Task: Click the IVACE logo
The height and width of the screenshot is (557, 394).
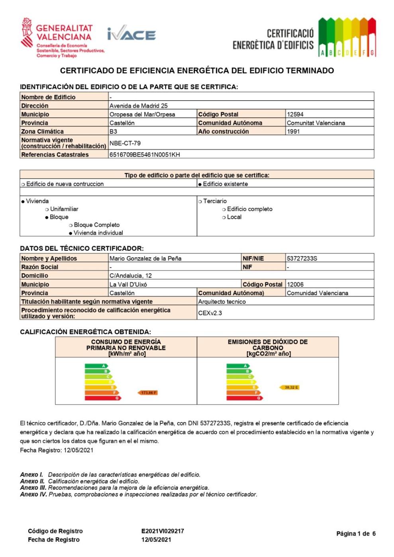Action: [x=131, y=35]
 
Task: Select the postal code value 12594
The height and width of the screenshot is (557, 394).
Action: [x=295, y=114]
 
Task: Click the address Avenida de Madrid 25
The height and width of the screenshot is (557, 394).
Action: [x=139, y=106]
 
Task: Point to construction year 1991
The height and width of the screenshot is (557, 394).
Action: [x=293, y=131]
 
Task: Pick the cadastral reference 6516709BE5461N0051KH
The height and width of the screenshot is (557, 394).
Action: [x=145, y=154]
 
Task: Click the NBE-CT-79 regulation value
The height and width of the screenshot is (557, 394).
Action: [x=125, y=143]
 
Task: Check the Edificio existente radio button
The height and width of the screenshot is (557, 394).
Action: [x=200, y=184]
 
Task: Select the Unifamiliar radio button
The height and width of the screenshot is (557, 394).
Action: [x=47, y=209]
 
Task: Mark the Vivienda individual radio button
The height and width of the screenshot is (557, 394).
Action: [x=71, y=233]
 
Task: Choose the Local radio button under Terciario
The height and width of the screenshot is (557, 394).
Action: [x=224, y=217]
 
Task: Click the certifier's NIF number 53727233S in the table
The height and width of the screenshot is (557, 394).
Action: [x=302, y=258]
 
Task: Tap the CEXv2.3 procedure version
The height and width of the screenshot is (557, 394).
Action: [x=210, y=313]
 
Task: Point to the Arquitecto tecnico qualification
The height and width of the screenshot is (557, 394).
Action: [x=222, y=302]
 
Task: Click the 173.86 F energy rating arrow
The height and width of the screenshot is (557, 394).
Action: [x=148, y=393]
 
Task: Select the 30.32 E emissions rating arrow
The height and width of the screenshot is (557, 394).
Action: [x=290, y=387]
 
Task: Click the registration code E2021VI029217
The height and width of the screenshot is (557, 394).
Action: [x=163, y=531]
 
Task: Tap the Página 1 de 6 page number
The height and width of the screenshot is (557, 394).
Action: [x=356, y=534]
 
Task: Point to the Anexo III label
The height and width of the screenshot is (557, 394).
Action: [x=33, y=487]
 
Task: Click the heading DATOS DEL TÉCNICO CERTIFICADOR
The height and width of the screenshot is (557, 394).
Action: [x=82, y=248]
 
